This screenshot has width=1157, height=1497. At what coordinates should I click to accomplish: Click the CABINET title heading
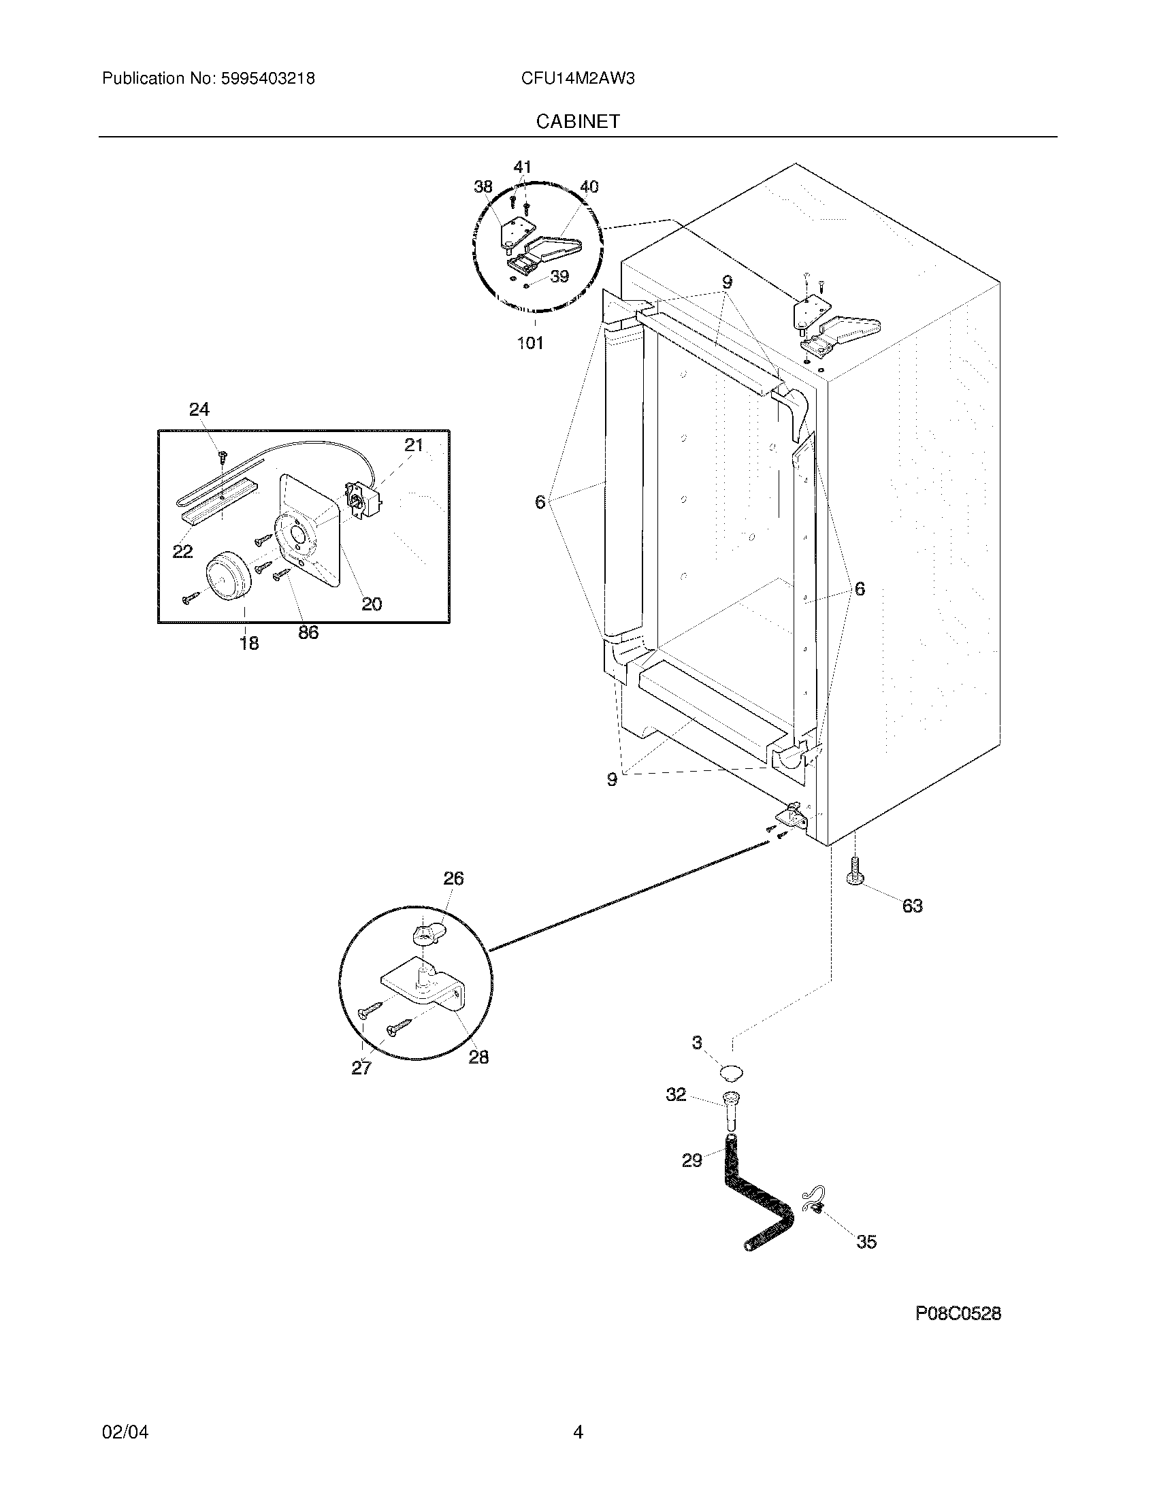(578, 121)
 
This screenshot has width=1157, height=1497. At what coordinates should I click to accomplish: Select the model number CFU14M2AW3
(577, 79)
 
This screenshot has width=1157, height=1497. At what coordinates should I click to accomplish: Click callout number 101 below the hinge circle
(529, 343)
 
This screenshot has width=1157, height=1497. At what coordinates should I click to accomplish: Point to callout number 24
(199, 410)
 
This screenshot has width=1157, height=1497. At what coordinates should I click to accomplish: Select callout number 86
(308, 632)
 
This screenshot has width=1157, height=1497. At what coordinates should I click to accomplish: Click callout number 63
(912, 906)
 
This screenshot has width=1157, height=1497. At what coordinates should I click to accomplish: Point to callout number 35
(866, 1242)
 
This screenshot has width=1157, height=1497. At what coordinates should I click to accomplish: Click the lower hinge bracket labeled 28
(425, 987)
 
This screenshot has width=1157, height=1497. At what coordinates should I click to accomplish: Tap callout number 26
(453, 878)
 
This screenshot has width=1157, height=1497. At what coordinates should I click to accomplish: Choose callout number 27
(361, 1067)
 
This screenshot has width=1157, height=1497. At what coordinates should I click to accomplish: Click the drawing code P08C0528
(958, 1313)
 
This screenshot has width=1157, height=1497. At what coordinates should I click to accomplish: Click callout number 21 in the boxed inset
(414, 446)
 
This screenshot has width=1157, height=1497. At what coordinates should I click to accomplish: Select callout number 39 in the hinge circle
(559, 277)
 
